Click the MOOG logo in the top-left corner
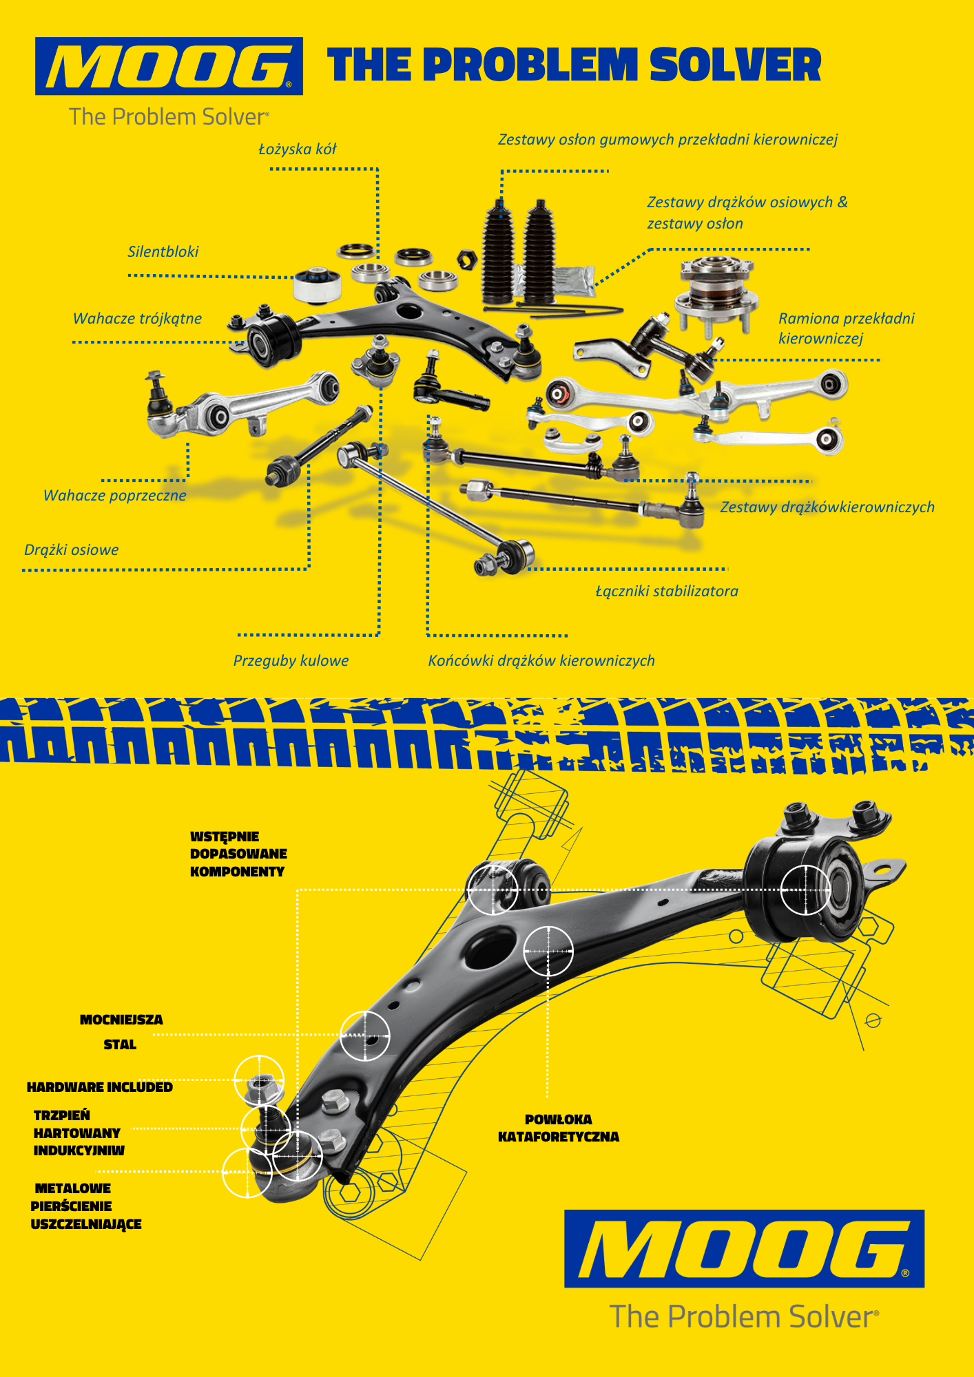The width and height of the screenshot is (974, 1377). click(169, 66)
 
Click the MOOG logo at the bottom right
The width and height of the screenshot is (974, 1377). click(744, 1248)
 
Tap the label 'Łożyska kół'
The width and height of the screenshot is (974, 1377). click(298, 149)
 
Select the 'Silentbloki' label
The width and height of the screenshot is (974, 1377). click(163, 252)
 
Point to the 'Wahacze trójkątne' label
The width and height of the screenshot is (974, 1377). click(138, 319)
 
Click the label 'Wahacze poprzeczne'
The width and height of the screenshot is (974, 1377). click(115, 496)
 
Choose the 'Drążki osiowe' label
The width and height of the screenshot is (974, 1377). click(72, 550)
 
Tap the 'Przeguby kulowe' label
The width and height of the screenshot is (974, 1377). click(291, 661)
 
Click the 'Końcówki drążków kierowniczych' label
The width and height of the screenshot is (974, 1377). click(541, 661)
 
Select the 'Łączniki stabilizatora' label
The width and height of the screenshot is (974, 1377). click(667, 591)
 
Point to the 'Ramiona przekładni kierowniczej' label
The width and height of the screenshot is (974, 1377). click(846, 328)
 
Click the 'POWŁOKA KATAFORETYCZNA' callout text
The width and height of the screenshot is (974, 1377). click(559, 1128)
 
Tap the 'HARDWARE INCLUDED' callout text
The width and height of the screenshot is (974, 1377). click(100, 1087)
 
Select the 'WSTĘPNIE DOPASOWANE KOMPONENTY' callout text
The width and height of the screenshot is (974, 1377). click(238, 854)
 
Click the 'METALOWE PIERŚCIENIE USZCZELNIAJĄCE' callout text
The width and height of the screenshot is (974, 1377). click(86, 1206)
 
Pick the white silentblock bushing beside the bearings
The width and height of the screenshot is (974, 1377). click(317, 284)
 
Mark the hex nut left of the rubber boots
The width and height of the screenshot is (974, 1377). click(468, 260)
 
